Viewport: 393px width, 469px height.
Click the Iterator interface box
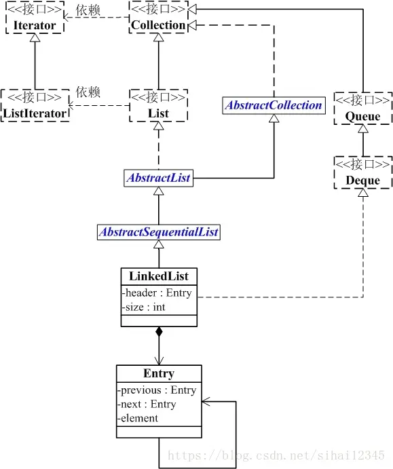click(x=34, y=18)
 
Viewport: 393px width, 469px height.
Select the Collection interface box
click(x=157, y=18)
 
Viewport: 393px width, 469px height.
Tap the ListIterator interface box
click(x=35, y=105)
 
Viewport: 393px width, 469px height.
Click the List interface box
click(x=158, y=106)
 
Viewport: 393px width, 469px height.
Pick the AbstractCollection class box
click(x=274, y=105)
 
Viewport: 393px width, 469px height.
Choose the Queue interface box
click(x=363, y=109)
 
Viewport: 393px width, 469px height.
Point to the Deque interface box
click(x=363, y=172)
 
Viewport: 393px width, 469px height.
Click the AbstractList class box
click(x=158, y=179)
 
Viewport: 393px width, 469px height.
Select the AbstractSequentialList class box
click(x=159, y=232)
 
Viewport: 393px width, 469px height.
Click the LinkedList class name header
click(x=159, y=276)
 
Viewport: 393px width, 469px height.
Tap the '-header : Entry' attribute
click(x=157, y=293)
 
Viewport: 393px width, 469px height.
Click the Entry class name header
click(x=159, y=374)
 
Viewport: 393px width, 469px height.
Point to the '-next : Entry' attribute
click(x=147, y=404)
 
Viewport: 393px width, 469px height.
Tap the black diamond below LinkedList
click(x=159, y=332)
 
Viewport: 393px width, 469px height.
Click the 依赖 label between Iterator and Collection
click(x=88, y=10)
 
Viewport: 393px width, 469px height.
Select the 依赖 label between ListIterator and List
click(x=88, y=92)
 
